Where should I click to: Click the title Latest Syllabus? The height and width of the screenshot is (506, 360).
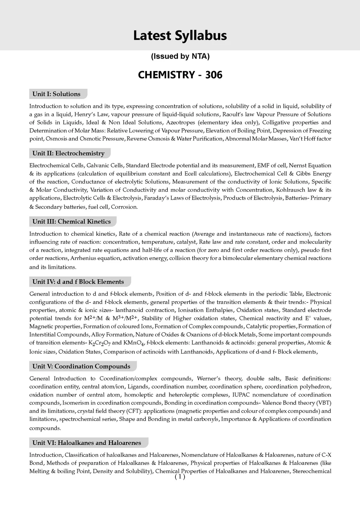[180, 36]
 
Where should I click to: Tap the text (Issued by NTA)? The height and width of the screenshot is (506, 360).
[180, 56]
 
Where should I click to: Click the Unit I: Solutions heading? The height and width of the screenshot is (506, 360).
[56, 94]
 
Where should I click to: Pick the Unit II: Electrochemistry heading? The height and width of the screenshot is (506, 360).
[68, 153]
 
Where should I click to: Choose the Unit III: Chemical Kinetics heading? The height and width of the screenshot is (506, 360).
[71, 221]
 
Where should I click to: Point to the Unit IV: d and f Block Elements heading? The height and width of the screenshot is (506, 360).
[78, 281]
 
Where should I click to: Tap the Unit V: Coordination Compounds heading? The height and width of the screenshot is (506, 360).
[81, 366]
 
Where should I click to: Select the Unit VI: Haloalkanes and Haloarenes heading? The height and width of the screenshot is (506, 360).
[87, 442]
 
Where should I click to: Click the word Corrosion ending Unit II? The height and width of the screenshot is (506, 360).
[124, 207]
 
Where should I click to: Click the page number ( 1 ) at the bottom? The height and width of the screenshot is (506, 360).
[180, 477]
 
